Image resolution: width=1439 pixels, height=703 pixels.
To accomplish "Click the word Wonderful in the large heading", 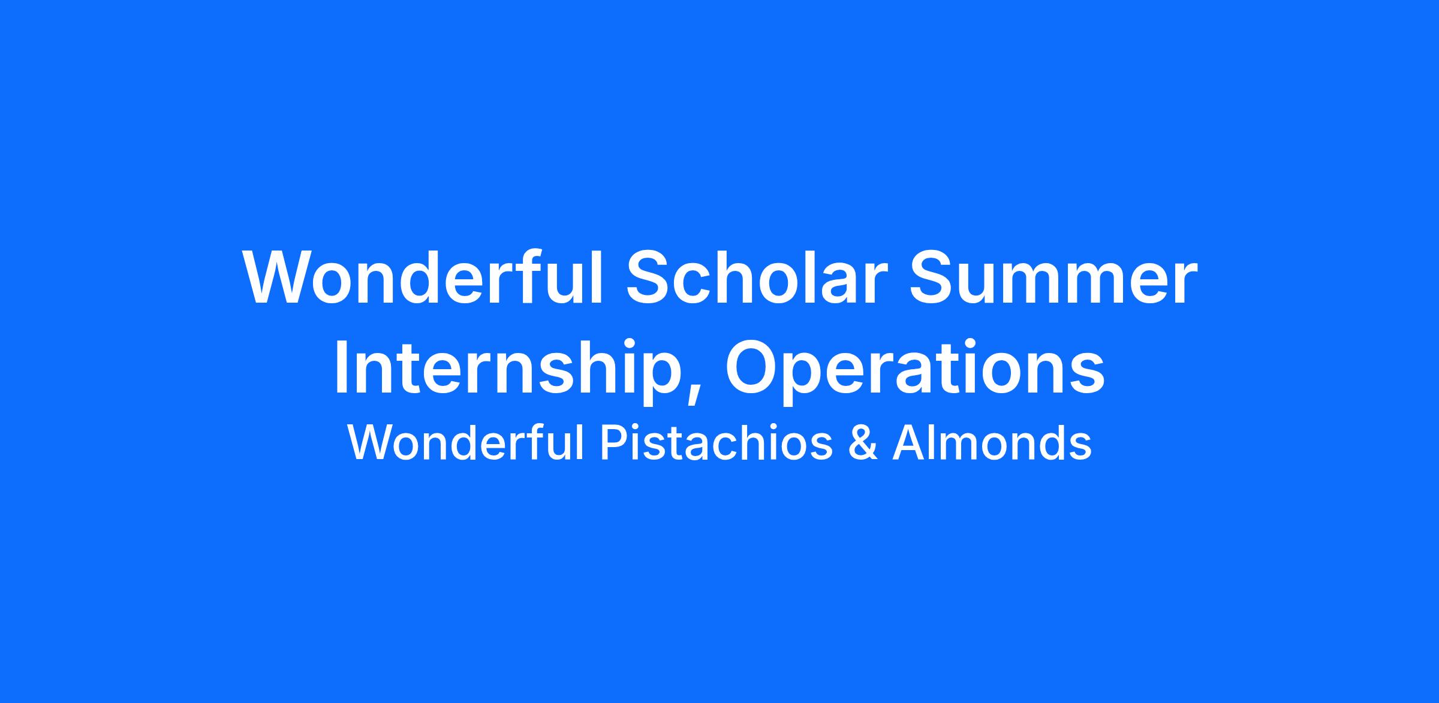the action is [423, 277].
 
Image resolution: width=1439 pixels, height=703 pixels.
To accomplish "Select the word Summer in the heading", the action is [1053, 277].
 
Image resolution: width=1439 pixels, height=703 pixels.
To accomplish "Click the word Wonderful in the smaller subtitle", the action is [466, 443].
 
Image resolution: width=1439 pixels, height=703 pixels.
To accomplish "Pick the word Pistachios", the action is [717, 443].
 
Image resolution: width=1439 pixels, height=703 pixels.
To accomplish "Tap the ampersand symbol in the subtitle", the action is [863, 443].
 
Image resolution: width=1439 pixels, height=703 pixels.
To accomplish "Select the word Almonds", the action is [992, 443].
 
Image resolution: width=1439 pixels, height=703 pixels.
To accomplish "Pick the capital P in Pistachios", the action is [613, 443].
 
